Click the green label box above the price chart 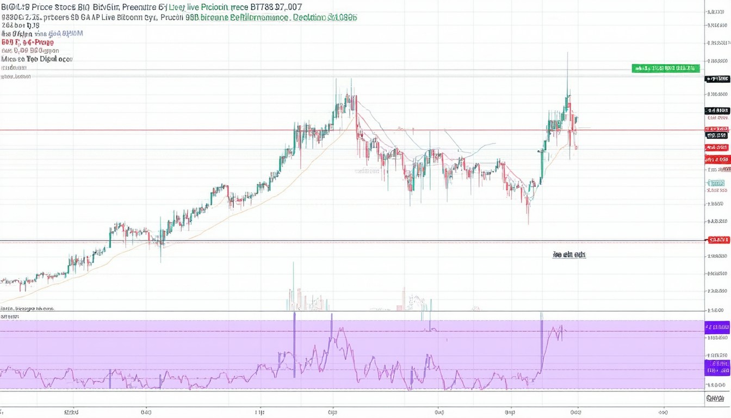(x=665, y=69)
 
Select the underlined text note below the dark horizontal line (x=569, y=254)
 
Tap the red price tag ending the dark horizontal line (x=719, y=239)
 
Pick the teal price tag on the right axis (x=717, y=183)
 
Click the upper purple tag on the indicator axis (x=717, y=327)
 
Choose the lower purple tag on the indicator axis (x=717, y=367)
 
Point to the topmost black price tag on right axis (x=717, y=79)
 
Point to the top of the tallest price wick (x=567, y=53)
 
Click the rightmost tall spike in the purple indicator (x=541, y=315)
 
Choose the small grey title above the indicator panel (x=27, y=308)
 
